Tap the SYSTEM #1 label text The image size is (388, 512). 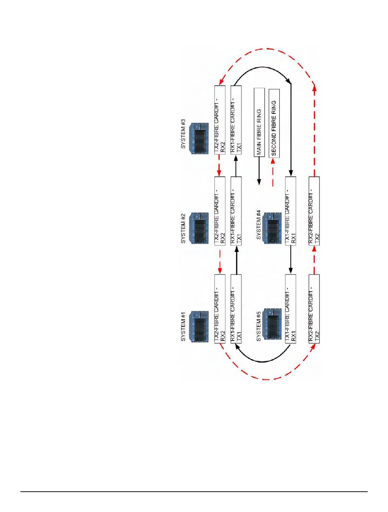[x=183, y=327]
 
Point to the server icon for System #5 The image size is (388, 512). [x=272, y=325]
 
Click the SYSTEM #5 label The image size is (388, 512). [x=258, y=327]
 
